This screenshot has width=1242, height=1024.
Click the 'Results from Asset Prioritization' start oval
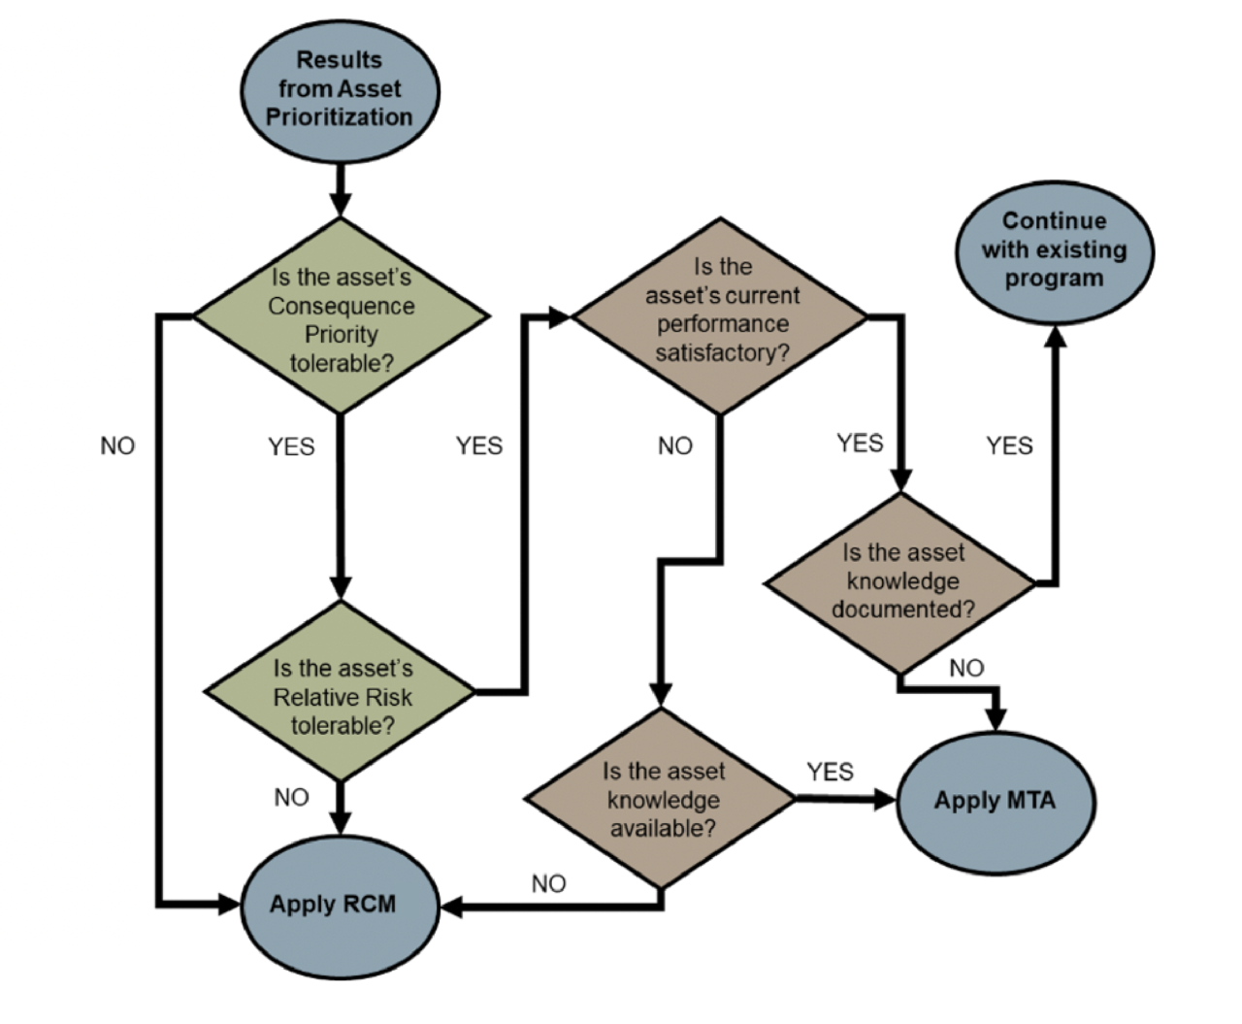pos(340,89)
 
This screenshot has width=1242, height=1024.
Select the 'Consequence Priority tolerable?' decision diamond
pos(341,317)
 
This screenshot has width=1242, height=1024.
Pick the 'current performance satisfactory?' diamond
pos(720,314)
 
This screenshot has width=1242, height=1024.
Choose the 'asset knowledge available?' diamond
pos(661,799)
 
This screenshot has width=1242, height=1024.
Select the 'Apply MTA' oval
pos(995,801)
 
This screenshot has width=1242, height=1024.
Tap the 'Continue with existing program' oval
pos(1054,249)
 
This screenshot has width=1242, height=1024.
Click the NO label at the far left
pos(117,446)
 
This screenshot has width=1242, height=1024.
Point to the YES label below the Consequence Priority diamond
pos(291,446)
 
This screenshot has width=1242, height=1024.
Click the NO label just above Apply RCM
pos(291,797)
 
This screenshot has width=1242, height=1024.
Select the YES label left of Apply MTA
pos(830,772)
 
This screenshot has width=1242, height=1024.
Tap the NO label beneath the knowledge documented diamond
pos(966,668)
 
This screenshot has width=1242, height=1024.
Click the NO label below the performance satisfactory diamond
pos(675,446)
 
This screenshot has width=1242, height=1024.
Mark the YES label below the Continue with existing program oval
pos(1009,446)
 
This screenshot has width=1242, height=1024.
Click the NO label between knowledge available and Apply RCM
pos(548,883)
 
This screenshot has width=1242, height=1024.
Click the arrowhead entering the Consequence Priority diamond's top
pos(340,204)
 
